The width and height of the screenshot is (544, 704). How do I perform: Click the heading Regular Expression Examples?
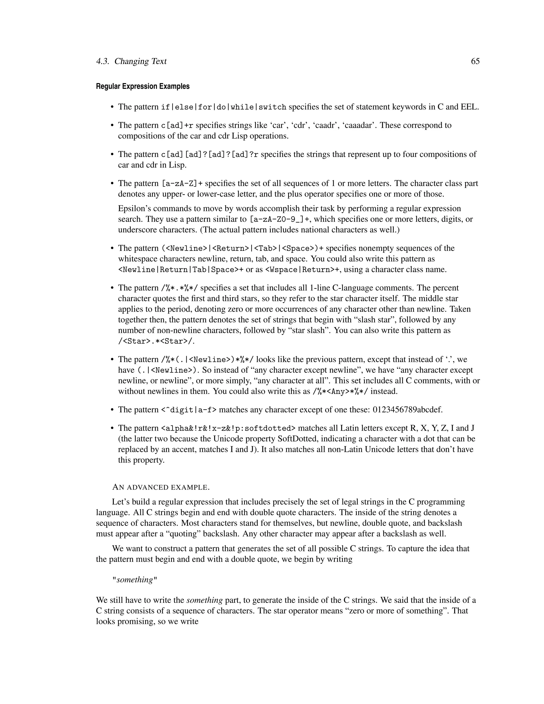click(143, 86)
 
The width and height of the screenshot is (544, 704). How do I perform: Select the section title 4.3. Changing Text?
click(131, 61)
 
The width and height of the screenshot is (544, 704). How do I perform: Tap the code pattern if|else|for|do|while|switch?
click(224, 107)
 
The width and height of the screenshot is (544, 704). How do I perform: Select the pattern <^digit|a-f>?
click(189, 410)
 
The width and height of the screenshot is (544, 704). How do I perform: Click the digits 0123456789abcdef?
click(408, 410)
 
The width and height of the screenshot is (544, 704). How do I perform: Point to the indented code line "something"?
click(135, 580)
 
